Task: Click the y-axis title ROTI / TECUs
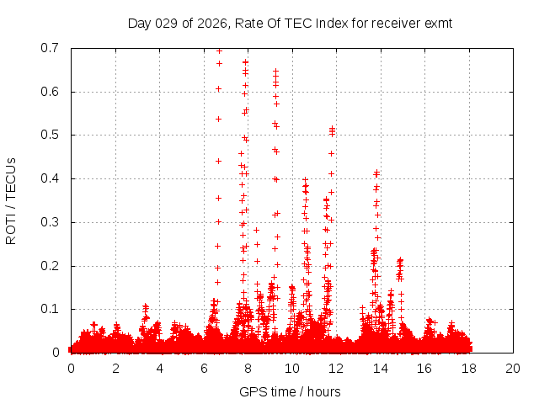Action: click(11, 201)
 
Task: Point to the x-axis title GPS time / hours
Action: click(290, 391)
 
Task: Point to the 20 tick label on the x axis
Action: click(513, 369)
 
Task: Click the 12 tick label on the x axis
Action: click(336, 369)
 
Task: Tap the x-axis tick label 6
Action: click(204, 369)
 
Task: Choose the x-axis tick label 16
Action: click(424, 369)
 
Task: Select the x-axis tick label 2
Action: click(115, 369)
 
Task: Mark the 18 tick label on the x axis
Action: click(469, 369)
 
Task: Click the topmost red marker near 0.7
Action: click(219, 50)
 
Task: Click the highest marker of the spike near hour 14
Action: click(376, 173)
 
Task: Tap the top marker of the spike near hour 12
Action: click(332, 129)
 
